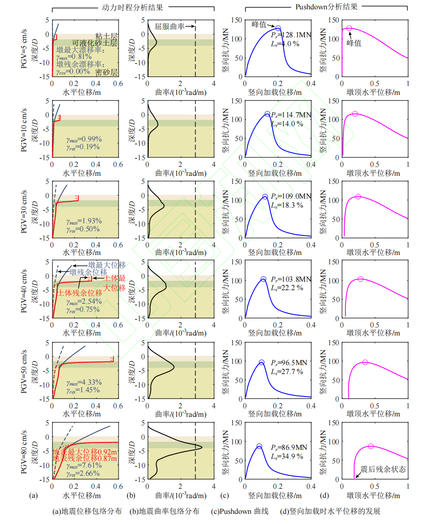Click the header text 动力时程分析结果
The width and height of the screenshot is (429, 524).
[x=132, y=7]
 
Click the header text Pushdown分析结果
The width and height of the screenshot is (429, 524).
[x=326, y=7]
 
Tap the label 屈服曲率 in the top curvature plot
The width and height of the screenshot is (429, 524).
[x=169, y=26]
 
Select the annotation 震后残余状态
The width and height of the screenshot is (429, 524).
[x=383, y=469]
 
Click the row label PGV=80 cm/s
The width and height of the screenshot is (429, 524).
[x=24, y=452]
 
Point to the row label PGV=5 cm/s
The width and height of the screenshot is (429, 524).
[x=24, y=48]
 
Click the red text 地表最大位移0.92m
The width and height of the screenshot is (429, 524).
[x=85, y=452]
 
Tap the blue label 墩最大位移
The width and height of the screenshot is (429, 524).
[x=107, y=265]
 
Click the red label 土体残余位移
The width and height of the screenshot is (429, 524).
[x=80, y=293]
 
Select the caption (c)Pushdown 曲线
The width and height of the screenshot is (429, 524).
[x=240, y=511]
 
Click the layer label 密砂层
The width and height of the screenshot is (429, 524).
[x=106, y=72]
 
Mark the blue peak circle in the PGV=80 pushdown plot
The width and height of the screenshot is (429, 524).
[x=259, y=446]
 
